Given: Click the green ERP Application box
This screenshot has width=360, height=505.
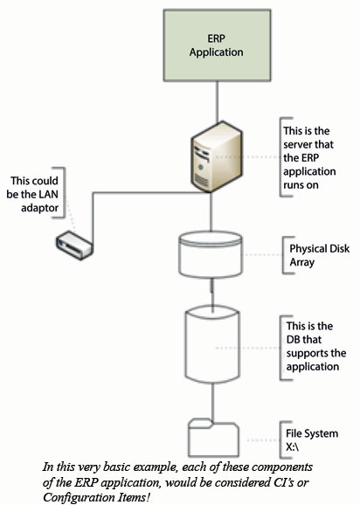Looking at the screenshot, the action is [217, 45].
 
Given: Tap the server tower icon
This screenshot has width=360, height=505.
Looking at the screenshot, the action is [216, 157].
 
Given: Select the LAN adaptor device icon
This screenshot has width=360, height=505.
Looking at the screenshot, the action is [74, 246].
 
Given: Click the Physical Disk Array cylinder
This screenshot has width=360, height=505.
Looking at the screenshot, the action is [211, 254].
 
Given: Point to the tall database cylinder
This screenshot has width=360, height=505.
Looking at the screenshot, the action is [212, 344].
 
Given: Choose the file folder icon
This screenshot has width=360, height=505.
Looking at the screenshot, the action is [213, 438].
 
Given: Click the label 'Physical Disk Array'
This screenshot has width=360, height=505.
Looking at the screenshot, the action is [319, 255].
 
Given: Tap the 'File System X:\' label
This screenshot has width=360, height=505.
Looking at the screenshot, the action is [312, 440].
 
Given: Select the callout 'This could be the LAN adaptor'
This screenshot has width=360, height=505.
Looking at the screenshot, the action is [32, 194].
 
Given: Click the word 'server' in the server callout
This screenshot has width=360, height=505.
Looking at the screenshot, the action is [298, 144].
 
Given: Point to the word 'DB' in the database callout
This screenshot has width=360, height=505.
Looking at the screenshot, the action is [294, 340].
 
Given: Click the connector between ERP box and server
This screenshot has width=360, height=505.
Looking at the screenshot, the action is [217, 101].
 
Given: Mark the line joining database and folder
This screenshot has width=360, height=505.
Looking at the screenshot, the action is [212, 401].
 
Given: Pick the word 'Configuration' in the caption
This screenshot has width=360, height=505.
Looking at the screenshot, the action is [76, 497].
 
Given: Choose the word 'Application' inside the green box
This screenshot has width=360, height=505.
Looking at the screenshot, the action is [217, 52].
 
